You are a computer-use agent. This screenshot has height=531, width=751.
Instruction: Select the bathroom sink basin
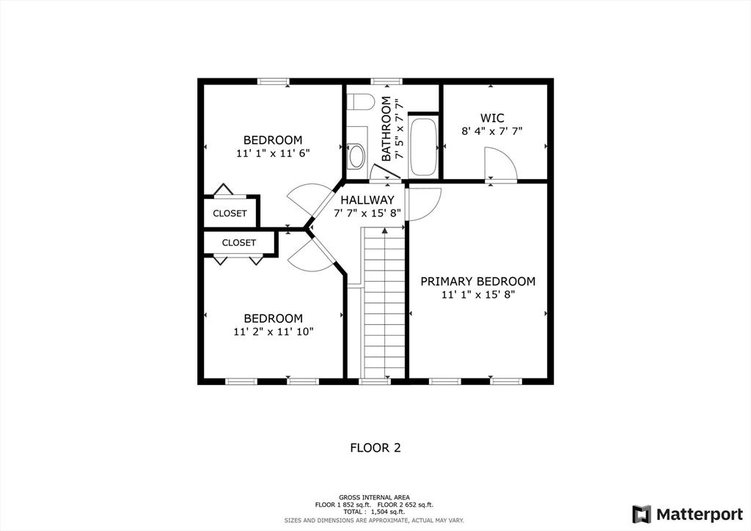tap(357, 155)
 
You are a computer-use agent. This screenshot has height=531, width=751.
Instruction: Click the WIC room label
tap(492, 118)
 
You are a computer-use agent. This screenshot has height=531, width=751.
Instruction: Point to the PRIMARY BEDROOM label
tap(477, 282)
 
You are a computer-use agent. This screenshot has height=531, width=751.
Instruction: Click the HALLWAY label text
tap(367, 200)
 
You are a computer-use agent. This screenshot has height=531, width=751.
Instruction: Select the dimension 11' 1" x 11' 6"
tap(273, 154)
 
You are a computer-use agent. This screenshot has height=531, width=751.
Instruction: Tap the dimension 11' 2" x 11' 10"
tap(273, 332)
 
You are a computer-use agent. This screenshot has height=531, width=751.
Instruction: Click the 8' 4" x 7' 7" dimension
tap(492, 132)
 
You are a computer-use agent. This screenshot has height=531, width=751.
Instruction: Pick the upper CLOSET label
tap(230, 213)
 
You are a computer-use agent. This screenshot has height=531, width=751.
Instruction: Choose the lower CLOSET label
tap(239, 243)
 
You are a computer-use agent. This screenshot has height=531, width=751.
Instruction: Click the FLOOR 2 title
tap(375, 447)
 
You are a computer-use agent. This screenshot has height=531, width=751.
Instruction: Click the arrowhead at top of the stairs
tap(385, 231)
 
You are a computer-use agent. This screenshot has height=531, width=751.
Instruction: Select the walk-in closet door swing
tap(500, 164)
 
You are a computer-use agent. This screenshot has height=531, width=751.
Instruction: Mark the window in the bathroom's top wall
tap(386, 81)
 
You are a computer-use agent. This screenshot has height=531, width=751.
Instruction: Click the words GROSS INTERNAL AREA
tap(375, 497)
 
